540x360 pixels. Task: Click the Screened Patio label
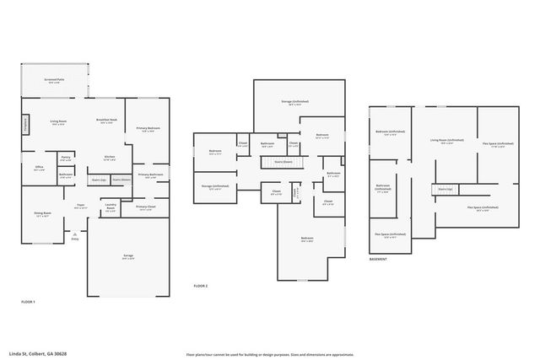pos(54,81)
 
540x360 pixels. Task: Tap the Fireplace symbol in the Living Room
pos(25,125)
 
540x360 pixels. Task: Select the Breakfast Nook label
pos(105,121)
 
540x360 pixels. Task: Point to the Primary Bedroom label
pos(148,129)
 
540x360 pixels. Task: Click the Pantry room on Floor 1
pos(66,159)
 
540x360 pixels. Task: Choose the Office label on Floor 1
pos(39,168)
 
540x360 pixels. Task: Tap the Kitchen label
pos(110,158)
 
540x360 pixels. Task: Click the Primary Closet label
pos(145,207)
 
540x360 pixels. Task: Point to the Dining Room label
pos(42,215)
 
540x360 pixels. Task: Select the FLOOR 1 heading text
pos(28,302)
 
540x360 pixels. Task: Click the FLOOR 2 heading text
pos(200,287)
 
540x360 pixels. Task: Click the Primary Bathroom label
pos(150,175)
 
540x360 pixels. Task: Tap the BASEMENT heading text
pos(378,260)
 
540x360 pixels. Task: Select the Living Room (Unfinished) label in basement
pos(447,141)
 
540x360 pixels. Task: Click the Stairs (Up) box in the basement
pos(445,189)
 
